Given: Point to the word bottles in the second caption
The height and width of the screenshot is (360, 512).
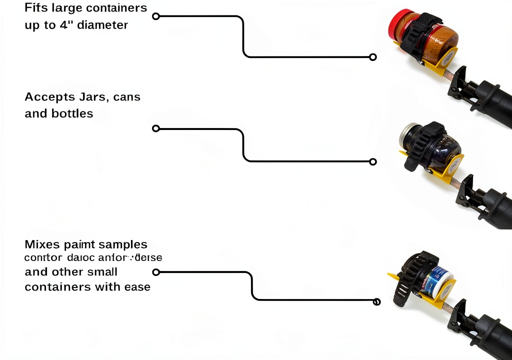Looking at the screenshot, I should point(72,113).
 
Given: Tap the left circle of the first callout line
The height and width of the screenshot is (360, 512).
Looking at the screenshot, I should point(155,16).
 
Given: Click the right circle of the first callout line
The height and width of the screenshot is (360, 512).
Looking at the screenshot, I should point(372,57).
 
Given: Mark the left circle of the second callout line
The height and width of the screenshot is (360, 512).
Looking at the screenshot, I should point(155,128).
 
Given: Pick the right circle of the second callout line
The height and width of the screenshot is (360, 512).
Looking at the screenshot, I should point(372,161).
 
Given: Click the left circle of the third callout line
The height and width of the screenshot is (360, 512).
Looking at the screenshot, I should point(155,272).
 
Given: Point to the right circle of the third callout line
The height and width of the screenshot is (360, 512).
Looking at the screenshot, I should point(376,301).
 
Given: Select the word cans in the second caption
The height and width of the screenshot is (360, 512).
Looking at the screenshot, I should point(127,97).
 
